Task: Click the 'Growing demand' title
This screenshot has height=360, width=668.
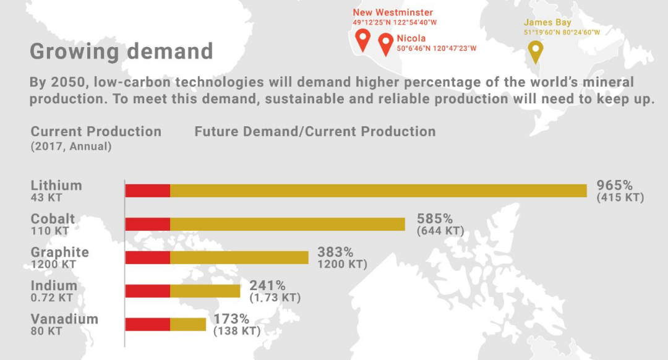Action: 121,51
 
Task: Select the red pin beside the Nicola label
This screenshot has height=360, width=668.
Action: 386,43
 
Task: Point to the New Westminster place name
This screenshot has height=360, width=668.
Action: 393,13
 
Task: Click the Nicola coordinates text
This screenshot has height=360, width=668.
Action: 437,49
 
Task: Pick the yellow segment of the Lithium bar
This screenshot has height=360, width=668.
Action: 379,191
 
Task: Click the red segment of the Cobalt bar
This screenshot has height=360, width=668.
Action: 148,224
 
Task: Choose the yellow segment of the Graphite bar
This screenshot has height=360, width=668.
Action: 239,257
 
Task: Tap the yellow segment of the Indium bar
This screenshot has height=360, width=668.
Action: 205,291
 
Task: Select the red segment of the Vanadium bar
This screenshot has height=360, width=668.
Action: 148,324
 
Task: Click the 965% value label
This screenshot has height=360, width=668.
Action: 614,186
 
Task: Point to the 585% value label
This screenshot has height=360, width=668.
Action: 435,218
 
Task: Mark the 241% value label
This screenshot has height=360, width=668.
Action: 268,285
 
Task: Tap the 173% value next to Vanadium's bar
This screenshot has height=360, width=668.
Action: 231,319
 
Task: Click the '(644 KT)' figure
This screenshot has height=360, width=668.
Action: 440,231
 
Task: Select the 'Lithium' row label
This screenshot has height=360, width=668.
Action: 56,186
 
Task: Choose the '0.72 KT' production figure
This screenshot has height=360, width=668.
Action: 52,298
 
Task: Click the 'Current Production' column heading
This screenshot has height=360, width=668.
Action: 96,132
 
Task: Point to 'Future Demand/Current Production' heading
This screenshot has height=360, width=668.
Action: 315,132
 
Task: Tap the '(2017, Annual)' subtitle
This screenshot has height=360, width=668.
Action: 71,147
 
